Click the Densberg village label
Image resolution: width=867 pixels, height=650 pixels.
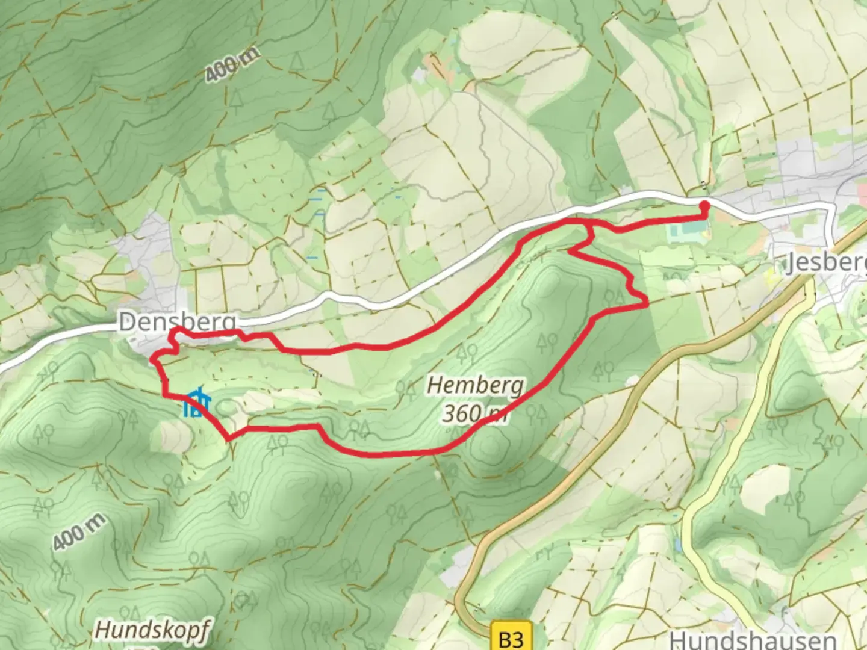pyautogui.click(x=177, y=322)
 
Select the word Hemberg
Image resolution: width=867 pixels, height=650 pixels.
pyautogui.click(x=475, y=385)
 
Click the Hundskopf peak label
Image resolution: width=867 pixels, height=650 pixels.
pyautogui.click(x=152, y=631)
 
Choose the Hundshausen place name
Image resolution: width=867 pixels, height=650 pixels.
pyautogui.click(x=752, y=639)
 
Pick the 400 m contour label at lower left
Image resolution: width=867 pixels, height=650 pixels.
pyautogui.click(x=79, y=533)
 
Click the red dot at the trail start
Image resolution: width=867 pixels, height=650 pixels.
pyautogui.click(x=703, y=206)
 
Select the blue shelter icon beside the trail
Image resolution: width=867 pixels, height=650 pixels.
pyautogui.click(x=196, y=403)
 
